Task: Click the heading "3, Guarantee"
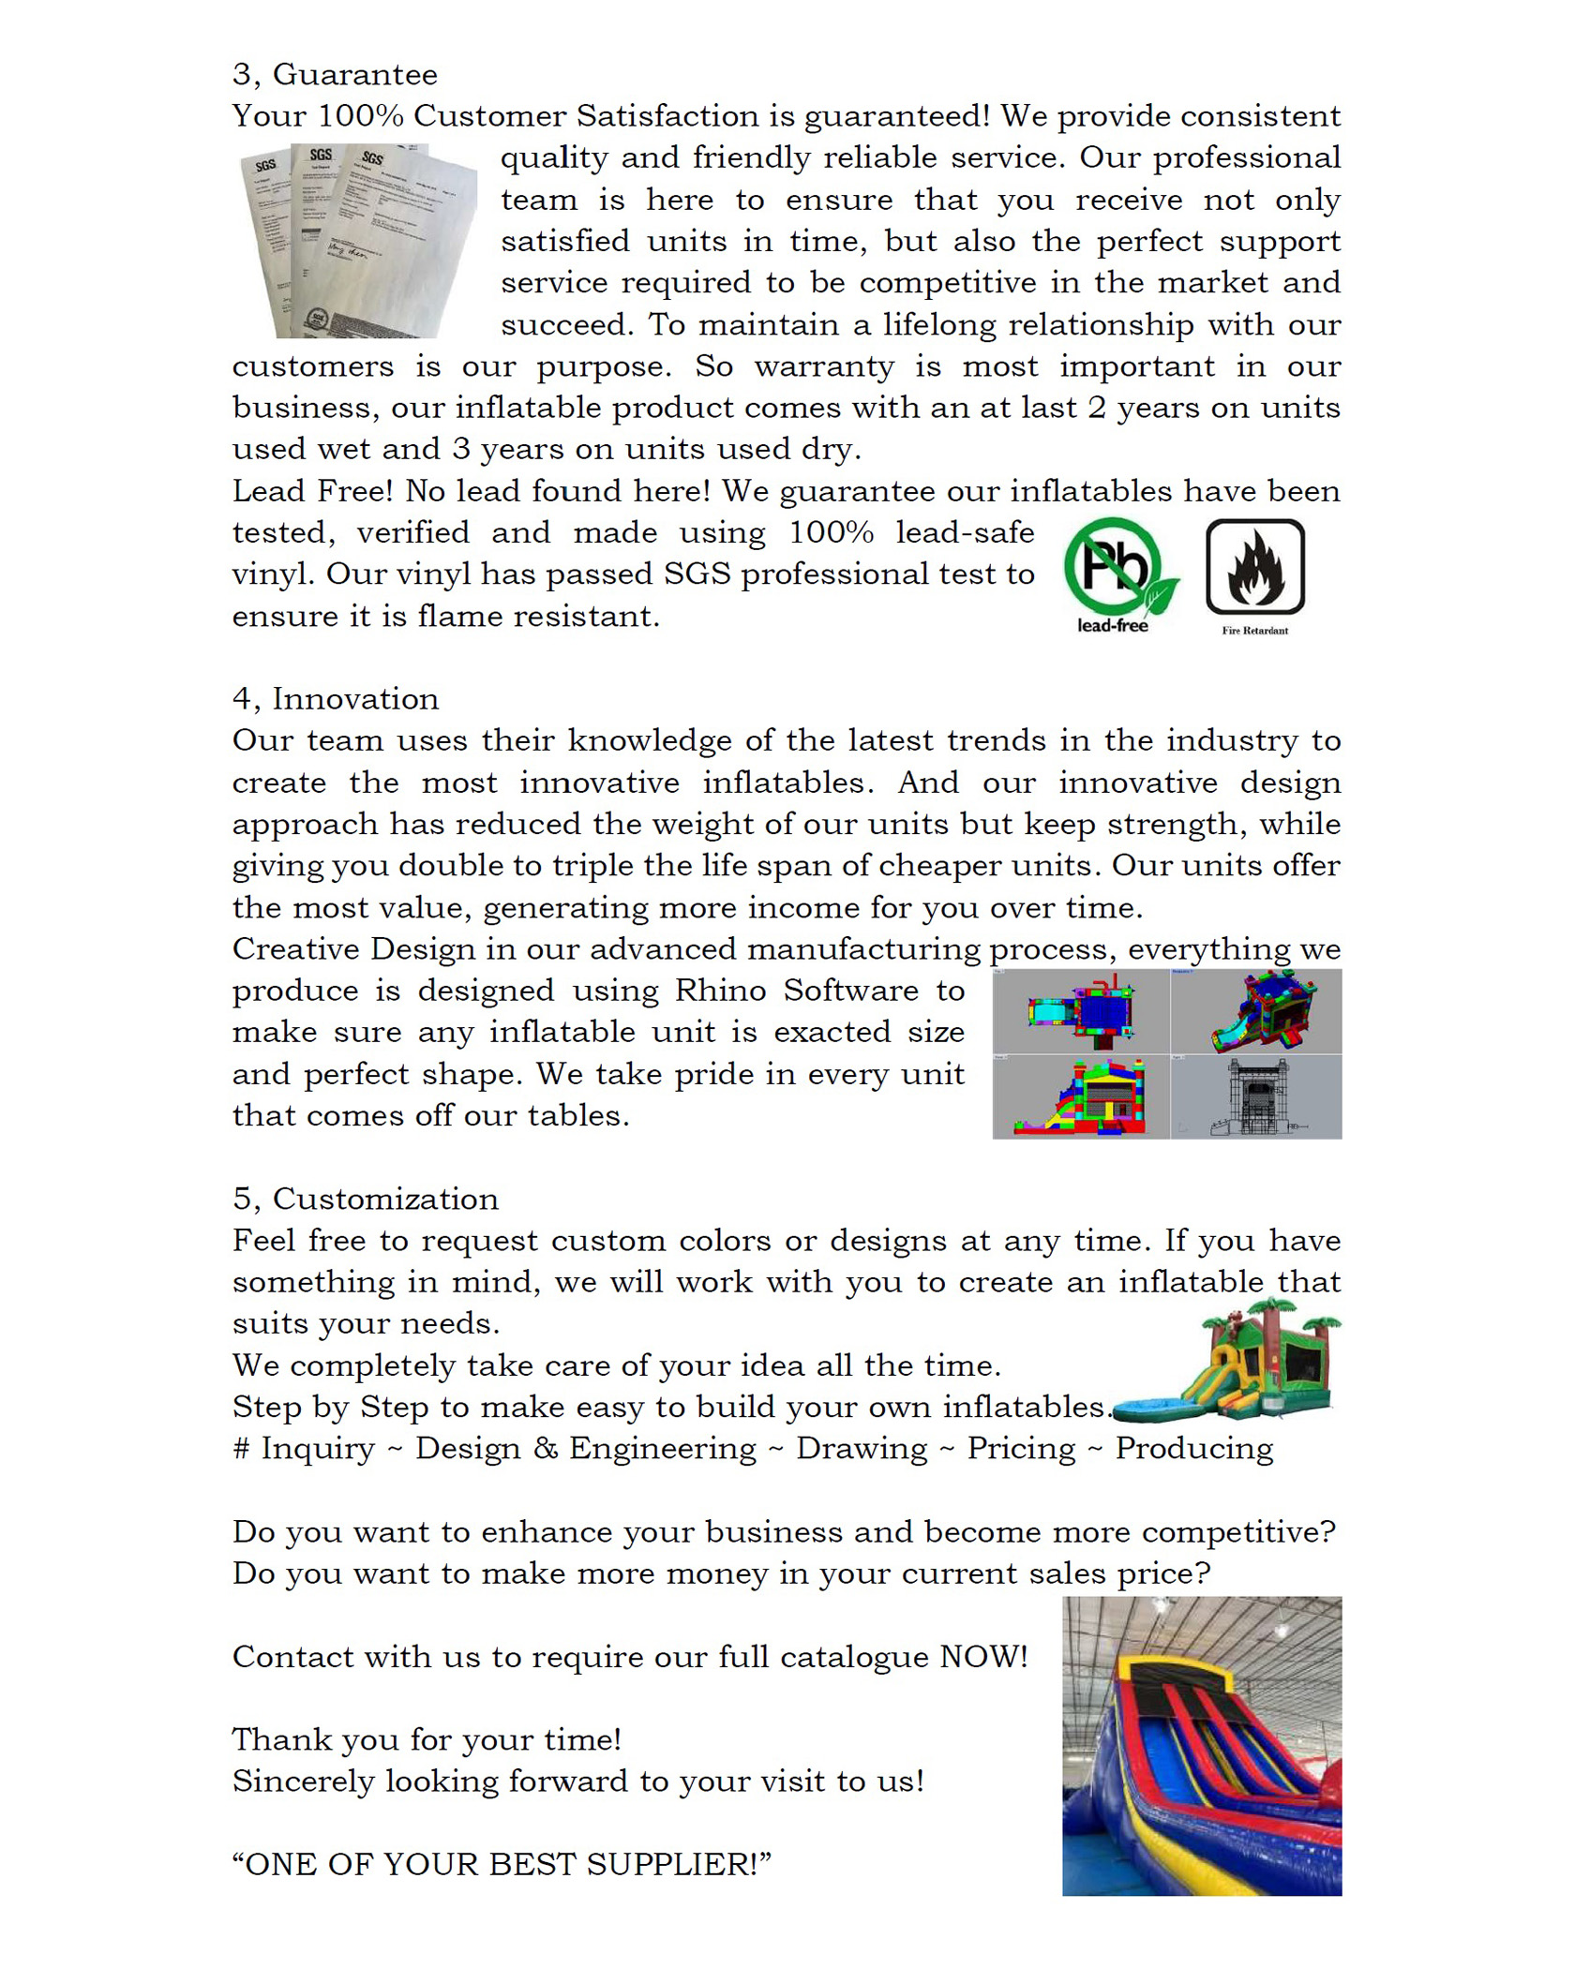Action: (x=335, y=74)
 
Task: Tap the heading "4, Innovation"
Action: (x=336, y=699)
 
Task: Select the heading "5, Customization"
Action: (x=366, y=1200)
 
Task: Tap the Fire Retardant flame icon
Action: (x=1254, y=568)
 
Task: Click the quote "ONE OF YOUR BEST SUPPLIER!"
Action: (x=502, y=1864)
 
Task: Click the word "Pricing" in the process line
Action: (x=1021, y=1449)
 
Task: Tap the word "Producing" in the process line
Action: (x=1193, y=1449)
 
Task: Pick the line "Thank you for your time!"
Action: (x=427, y=1740)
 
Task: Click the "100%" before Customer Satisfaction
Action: (x=360, y=116)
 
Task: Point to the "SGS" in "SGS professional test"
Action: (x=697, y=574)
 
